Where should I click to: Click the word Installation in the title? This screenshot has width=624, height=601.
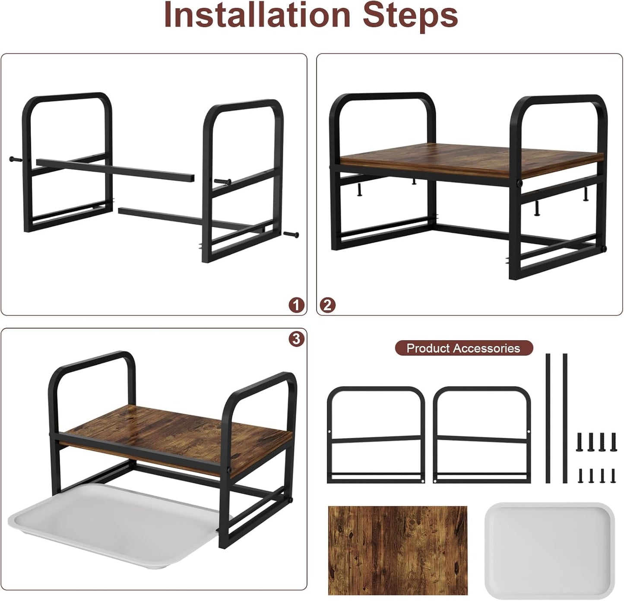coord(257,16)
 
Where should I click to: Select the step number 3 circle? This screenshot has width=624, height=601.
coord(296,339)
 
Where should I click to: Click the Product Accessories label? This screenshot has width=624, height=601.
coord(464,348)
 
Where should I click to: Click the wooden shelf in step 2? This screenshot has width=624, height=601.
coord(472,159)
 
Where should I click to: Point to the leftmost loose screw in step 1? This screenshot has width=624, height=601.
coord(16,159)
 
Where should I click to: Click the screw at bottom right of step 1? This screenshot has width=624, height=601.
coord(291,234)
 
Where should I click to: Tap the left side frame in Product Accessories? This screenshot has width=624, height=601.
coord(376,435)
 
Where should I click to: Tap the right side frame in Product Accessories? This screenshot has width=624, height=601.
coord(481,435)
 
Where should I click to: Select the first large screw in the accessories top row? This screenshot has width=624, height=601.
coord(579,443)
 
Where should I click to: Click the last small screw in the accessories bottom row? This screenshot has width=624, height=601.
coord(613,476)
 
